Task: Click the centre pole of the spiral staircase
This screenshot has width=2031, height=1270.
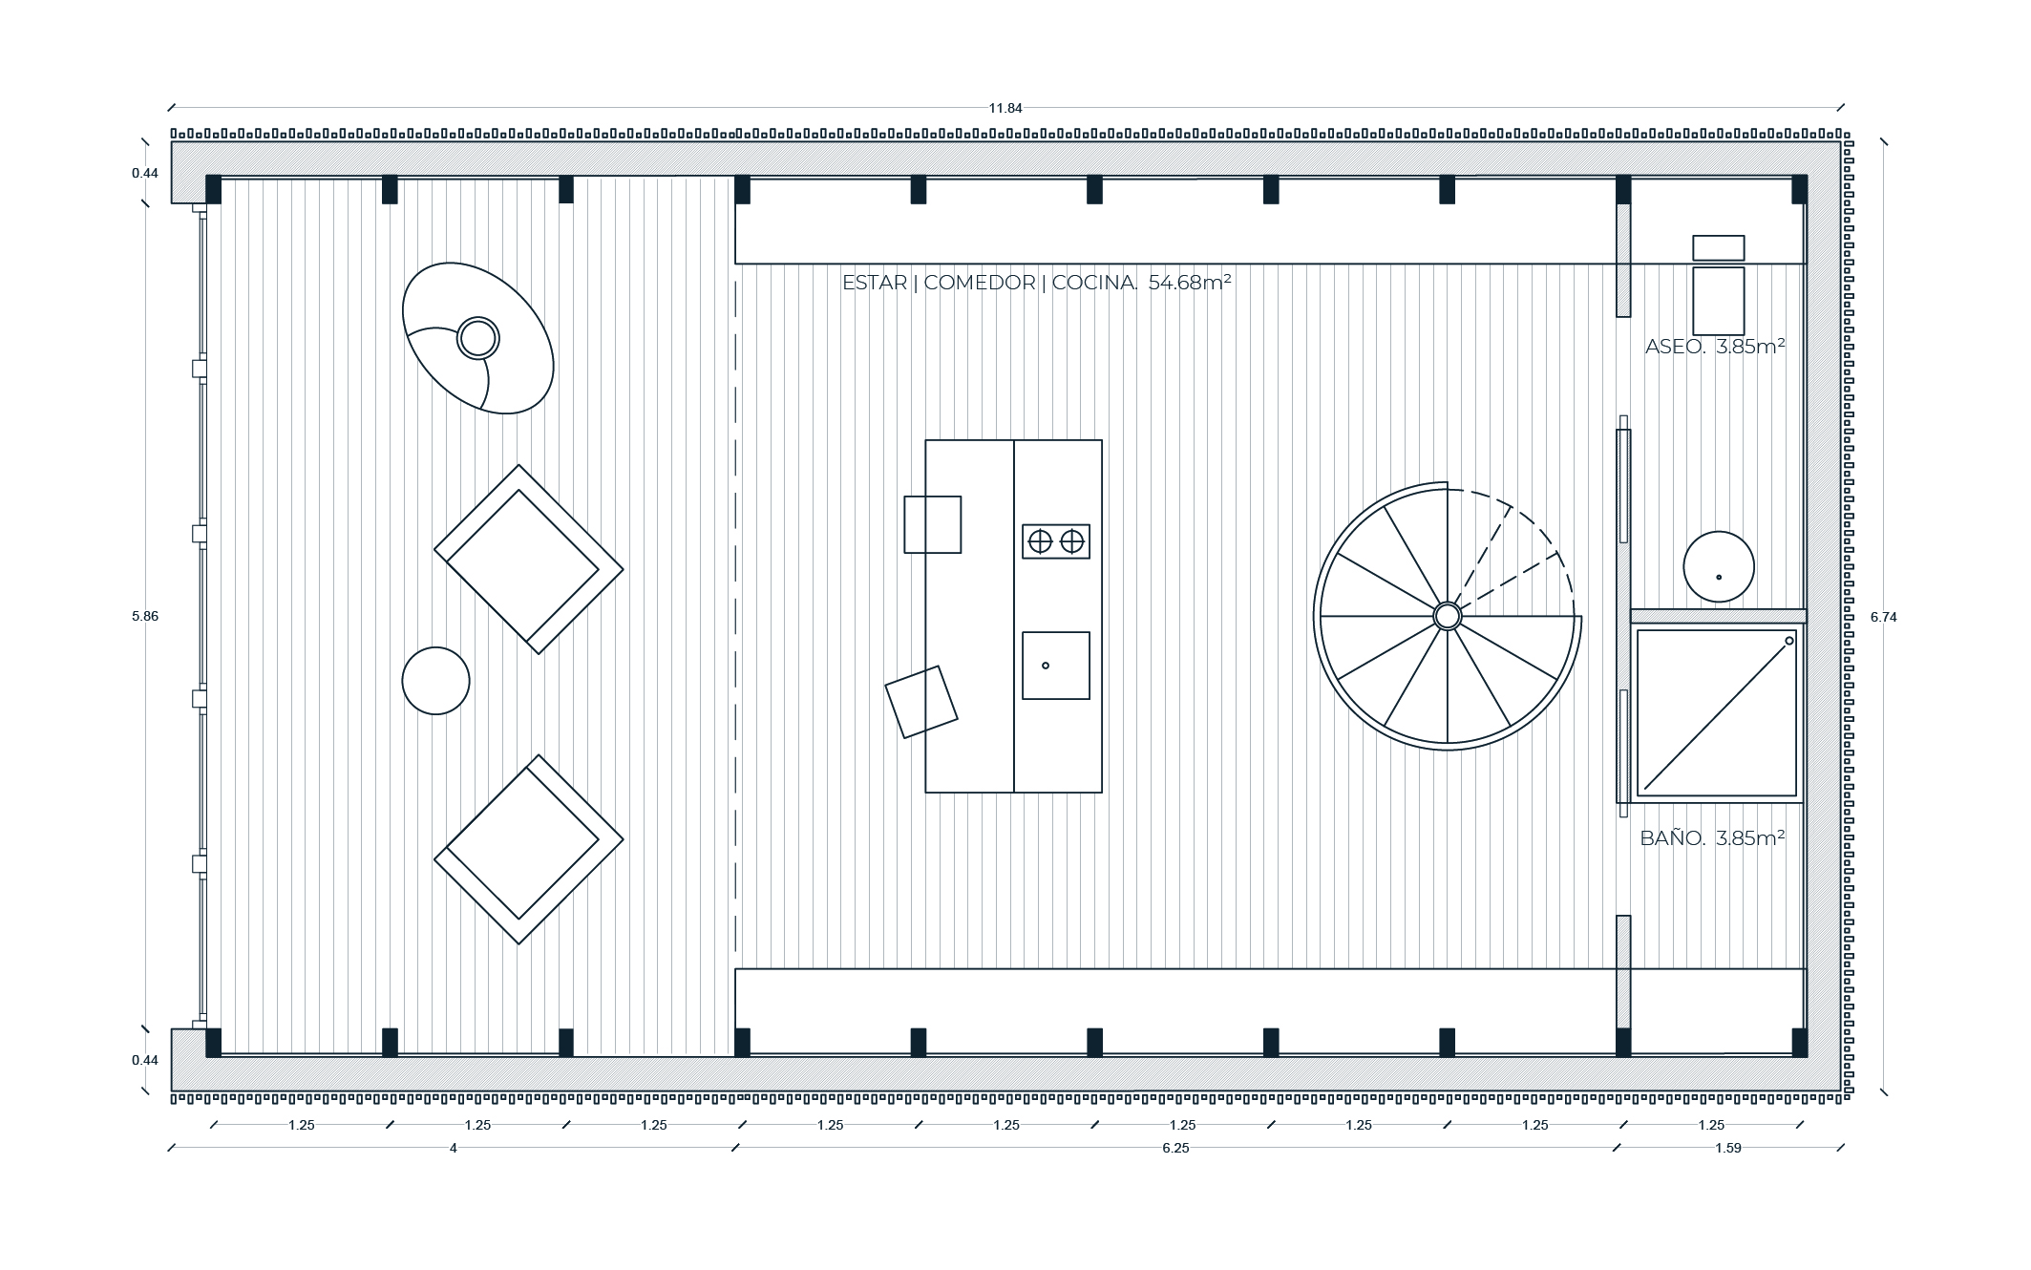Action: pyautogui.click(x=1448, y=616)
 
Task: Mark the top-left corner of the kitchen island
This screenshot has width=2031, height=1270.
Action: pyautogui.click(x=925, y=440)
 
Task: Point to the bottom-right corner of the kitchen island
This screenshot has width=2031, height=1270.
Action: pyautogui.click(x=1102, y=793)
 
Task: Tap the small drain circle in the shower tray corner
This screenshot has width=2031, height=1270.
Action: pyautogui.click(x=1788, y=641)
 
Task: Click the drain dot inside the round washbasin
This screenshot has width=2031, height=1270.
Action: pyautogui.click(x=1719, y=577)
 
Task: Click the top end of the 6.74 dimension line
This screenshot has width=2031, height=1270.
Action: pyautogui.click(x=1884, y=142)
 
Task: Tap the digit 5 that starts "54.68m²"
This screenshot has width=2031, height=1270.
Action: pyautogui.click(x=1154, y=283)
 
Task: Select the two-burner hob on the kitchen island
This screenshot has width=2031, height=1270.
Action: pyautogui.click(x=1056, y=541)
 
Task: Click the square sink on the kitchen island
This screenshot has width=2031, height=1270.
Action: pyautogui.click(x=1056, y=666)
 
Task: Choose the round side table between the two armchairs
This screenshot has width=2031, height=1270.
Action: pyautogui.click(x=435, y=681)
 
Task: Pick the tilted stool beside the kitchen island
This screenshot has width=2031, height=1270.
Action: pyautogui.click(x=921, y=702)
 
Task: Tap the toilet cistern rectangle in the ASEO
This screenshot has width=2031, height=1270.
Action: pyautogui.click(x=1719, y=247)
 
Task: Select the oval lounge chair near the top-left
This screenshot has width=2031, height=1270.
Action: pyautogui.click(x=478, y=338)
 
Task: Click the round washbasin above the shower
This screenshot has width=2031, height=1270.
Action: pyautogui.click(x=1719, y=566)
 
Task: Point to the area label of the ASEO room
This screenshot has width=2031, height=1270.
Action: pyautogui.click(x=1715, y=347)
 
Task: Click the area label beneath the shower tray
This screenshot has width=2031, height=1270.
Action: pyautogui.click(x=1712, y=838)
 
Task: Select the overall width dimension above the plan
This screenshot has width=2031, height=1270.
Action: pyautogui.click(x=1005, y=108)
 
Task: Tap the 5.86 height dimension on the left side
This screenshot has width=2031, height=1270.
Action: pyautogui.click(x=145, y=616)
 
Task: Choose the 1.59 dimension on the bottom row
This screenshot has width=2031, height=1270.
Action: pyautogui.click(x=1728, y=1148)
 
